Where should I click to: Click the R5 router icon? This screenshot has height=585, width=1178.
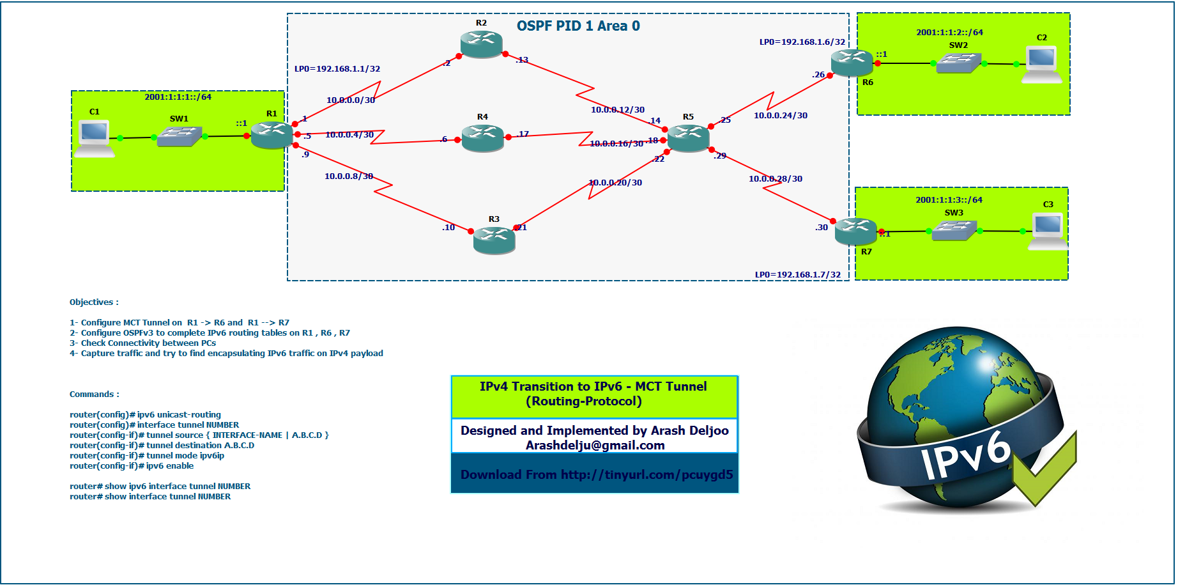point(688,138)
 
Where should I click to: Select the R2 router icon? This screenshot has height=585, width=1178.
point(481,44)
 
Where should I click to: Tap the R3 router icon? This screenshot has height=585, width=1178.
point(494,240)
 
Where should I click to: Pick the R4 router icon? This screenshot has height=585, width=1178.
point(482,137)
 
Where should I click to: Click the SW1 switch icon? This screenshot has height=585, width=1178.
point(180,136)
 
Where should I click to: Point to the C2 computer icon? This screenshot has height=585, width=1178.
point(1042,64)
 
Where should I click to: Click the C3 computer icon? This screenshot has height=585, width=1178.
point(1048,231)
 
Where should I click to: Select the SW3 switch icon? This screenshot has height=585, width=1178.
point(954,230)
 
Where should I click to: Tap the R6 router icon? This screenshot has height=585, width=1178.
point(852,63)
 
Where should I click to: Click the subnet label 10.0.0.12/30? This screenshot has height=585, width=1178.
point(617,110)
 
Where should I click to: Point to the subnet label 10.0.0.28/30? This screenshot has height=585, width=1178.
point(775,179)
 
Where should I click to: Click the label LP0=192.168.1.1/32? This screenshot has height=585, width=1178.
point(337,69)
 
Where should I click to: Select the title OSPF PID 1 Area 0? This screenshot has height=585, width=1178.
point(578,26)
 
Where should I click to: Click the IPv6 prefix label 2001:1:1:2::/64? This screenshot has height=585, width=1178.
point(949,33)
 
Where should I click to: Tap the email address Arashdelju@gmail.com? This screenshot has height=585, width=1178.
point(595,446)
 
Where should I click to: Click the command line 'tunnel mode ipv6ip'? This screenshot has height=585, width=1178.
point(147,456)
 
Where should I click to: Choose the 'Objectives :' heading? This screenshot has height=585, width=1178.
point(94,302)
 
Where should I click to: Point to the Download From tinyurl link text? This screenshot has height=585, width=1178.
point(596,475)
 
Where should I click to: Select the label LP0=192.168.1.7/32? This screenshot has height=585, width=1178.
point(797,275)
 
